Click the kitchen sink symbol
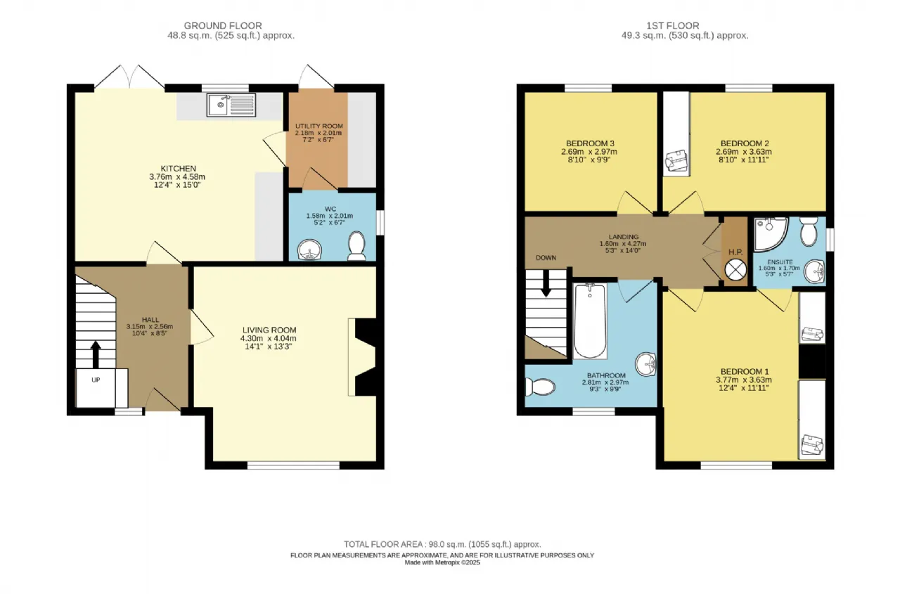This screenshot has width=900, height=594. pos(231,105)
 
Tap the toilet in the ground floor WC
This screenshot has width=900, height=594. pos(356,246)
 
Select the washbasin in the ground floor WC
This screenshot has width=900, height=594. pos(309,250)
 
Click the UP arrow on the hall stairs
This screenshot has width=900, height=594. pos(95,354)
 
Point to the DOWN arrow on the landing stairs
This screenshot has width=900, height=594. pos(545,283)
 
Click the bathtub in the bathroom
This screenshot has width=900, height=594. pos(590,321)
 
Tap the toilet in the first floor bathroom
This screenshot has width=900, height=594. pos(540,387)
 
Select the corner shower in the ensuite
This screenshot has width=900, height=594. pos(770,234)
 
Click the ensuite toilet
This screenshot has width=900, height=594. pos(809,231)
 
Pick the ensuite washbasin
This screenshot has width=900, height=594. pos(814,271)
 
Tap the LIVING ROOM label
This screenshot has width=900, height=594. pos(269,330)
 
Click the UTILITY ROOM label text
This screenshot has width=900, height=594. pos(319,126)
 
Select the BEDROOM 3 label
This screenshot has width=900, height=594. pos(590,143)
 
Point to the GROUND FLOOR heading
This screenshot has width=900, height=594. pos(223,25)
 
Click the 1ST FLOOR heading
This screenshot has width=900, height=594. pos(673,25)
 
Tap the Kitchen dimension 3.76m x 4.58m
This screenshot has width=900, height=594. pos(177,176)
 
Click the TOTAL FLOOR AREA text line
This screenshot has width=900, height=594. pos(442,544)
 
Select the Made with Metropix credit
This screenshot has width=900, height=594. pos(442,562)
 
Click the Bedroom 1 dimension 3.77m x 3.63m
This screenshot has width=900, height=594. pos(744,380)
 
